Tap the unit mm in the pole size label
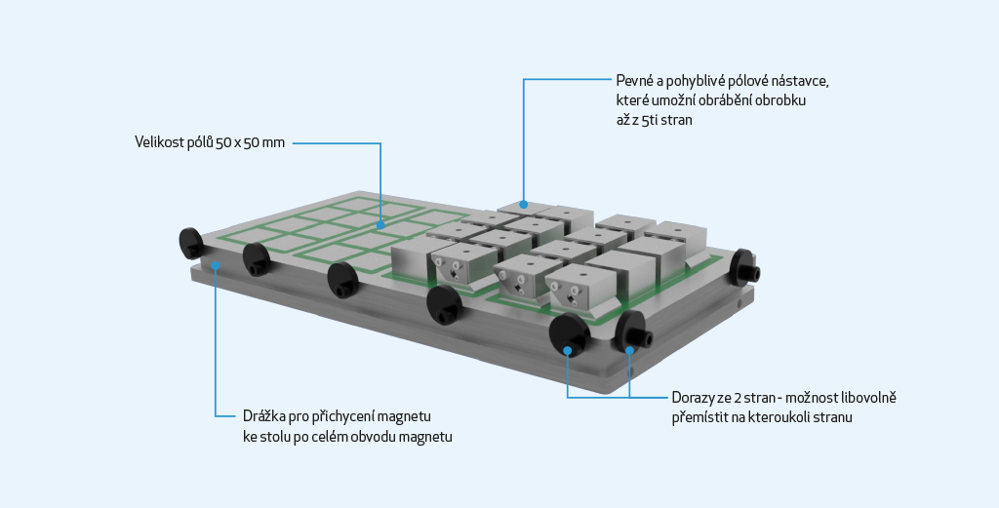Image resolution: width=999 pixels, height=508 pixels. [274, 143]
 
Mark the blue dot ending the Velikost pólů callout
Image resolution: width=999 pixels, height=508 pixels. [380, 224]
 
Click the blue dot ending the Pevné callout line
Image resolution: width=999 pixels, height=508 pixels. [523, 205]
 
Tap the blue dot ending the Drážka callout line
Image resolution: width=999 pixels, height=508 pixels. [216, 265]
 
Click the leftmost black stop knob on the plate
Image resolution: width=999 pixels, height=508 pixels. [190, 243]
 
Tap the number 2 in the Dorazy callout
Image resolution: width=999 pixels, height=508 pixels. [738, 399]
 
